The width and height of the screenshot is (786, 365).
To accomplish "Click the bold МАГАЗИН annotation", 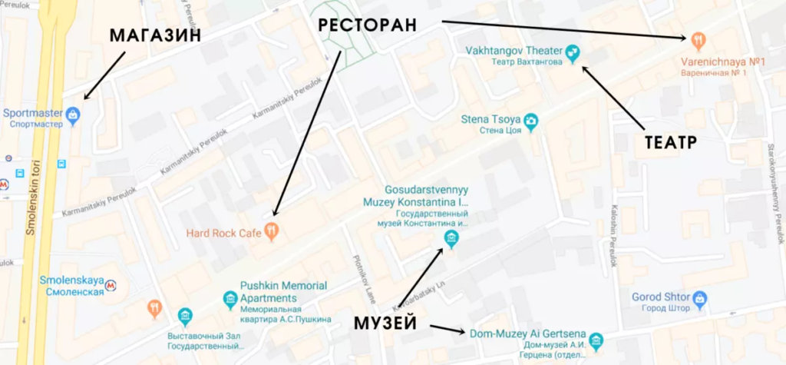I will click(x=155, y=35).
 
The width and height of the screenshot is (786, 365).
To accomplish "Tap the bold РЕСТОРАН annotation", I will click(x=368, y=25).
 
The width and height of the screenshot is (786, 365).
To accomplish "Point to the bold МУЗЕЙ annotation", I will click(x=385, y=323).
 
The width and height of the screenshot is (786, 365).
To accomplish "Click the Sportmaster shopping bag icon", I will click(x=73, y=115).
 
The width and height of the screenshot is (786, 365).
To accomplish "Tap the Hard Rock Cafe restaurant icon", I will click(x=270, y=229).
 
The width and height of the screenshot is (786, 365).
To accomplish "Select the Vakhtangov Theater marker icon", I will click(x=572, y=52).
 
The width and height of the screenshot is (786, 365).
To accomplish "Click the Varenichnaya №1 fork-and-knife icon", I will click(x=698, y=39).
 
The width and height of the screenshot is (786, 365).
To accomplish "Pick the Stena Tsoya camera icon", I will click(x=530, y=122).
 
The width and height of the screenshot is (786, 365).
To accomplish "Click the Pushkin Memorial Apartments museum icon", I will click(x=230, y=298).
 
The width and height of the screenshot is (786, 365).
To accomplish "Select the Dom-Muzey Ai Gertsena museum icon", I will click(x=596, y=340).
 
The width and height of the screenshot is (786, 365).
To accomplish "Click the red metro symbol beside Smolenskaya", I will click(x=113, y=285).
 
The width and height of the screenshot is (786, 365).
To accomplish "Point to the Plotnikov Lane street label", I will click(x=360, y=276).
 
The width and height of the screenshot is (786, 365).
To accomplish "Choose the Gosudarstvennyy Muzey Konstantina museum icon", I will click(x=451, y=239).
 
